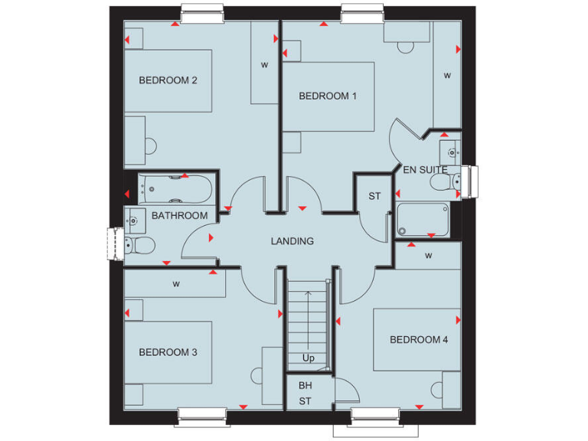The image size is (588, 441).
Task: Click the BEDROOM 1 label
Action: [x=328, y=96]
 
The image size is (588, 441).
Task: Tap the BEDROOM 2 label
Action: [x=163, y=80]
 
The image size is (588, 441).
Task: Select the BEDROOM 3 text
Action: [x=168, y=352]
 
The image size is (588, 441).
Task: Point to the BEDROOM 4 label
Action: [x=419, y=339]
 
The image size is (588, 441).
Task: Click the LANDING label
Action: [x=292, y=241]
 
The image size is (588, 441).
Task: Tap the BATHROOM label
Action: [x=179, y=216]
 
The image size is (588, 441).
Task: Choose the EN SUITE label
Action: [x=425, y=169]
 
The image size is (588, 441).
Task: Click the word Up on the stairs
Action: [x=308, y=358]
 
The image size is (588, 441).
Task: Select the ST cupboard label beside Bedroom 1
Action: [x=374, y=197]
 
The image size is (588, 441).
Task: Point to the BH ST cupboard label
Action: [x=305, y=394]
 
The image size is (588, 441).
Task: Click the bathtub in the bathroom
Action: [x=177, y=187]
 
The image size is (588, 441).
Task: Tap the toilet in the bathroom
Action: [x=139, y=245]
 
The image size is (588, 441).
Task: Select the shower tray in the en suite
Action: [x=422, y=220]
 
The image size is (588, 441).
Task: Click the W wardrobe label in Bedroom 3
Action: [x=176, y=284]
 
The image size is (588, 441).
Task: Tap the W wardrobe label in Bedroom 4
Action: [x=429, y=255]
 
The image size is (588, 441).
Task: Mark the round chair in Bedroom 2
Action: [x=150, y=145]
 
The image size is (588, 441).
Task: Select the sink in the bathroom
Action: [x=135, y=220]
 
